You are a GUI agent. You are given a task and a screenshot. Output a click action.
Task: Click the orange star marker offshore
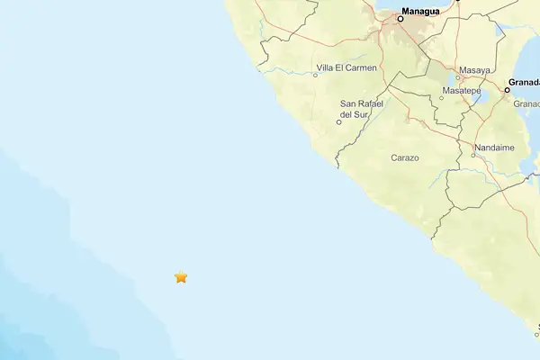(x=181, y=277)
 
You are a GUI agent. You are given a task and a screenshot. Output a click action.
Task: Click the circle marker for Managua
(x=400, y=18)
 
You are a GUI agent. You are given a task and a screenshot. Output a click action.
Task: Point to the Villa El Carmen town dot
(x=315, y=75)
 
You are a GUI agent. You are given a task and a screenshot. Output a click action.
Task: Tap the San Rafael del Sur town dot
(x=338, y=122)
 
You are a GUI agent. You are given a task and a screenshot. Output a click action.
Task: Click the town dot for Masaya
(x=457, y=77)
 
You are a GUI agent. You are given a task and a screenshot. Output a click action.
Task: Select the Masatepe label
(x=462, y=91)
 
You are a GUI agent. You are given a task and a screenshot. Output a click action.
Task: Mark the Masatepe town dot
(x=442, y=98)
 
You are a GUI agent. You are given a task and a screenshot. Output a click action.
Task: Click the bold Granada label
(x=524, y=82)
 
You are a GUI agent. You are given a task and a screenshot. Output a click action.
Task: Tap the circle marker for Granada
(x=508, y=89)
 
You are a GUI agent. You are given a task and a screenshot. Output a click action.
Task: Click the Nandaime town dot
(x=473, y=155)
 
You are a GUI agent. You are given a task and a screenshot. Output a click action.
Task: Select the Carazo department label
(x=405, y=157)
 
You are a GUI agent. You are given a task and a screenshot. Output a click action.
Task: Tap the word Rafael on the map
(x=362, y=103)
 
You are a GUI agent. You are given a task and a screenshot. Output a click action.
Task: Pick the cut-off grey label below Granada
(x=526, y=103)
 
